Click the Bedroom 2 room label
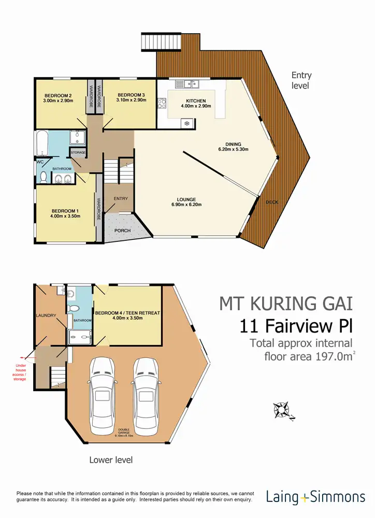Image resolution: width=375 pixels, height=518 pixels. pos(59,95)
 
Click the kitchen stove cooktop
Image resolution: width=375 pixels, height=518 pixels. pos(161,102)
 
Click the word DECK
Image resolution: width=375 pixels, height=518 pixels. pos(271,202)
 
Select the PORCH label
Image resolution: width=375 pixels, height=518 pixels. pos(122,231)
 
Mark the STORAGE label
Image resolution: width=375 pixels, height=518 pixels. pos(78,153)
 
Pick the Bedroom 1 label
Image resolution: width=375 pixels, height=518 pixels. pos(65,210)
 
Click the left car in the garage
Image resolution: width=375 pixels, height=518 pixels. pos(104,397)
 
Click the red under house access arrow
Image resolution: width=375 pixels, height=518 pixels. pos(22,357)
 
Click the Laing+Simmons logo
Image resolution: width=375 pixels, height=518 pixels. pos(315,497)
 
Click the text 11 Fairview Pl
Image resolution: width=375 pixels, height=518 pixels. pos(296,326)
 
